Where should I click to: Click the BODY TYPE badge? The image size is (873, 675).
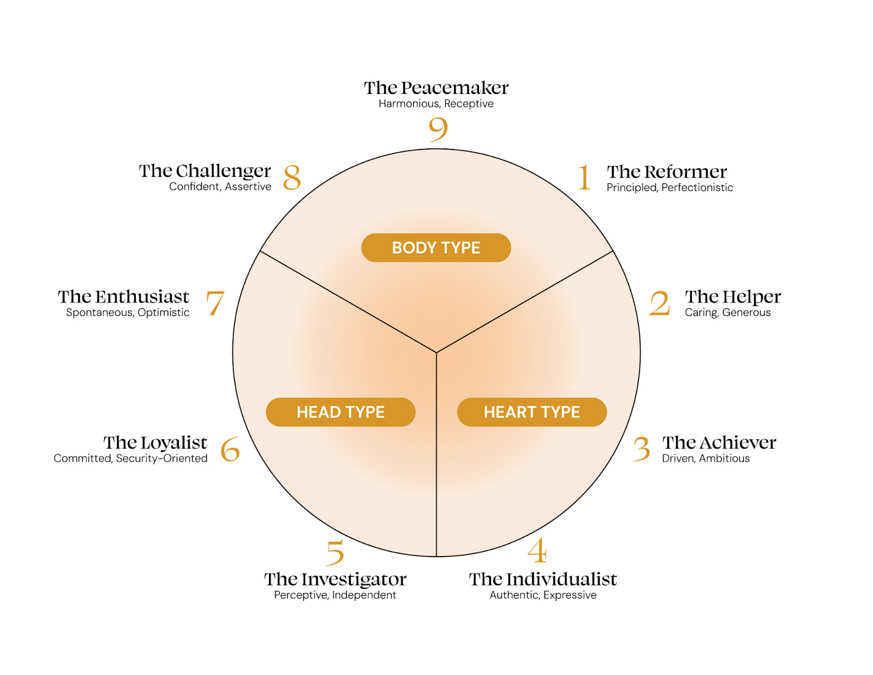(436, 248)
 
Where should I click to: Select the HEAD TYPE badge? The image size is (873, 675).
(340, 412)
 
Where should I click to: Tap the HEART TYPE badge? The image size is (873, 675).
(531, 412)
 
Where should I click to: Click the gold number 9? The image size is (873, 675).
(438, 129)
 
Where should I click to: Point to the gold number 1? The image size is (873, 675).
(584, 177)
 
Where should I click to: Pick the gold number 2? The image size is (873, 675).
(659, 303)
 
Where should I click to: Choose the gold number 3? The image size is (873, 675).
(642, 449)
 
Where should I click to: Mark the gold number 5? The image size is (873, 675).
(335, 552)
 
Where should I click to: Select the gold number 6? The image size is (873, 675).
(230, 449)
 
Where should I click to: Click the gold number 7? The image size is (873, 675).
(215, 303)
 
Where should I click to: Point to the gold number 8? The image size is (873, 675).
(292, 177)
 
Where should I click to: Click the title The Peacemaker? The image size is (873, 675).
(436, 88)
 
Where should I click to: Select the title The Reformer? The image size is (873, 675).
(667, 172)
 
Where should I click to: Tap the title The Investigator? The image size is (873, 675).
(335, 579)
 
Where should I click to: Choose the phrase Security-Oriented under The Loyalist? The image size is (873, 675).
(162, 458)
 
